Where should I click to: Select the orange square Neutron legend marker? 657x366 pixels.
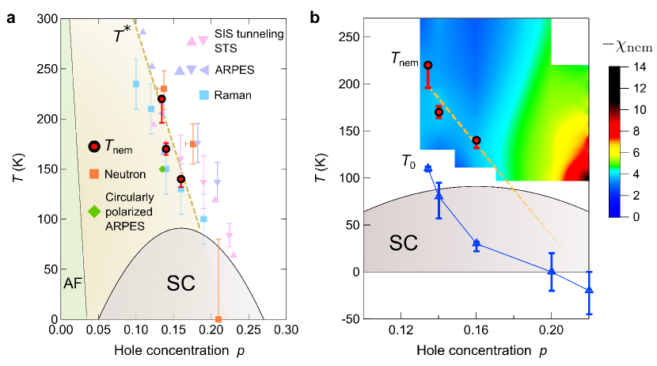point(94,173)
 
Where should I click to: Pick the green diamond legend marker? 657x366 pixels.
point(94,211)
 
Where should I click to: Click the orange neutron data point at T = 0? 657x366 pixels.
point(218,318)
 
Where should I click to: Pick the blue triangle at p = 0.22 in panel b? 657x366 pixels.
point(589,290)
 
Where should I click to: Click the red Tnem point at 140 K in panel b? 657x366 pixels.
point(477,141)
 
